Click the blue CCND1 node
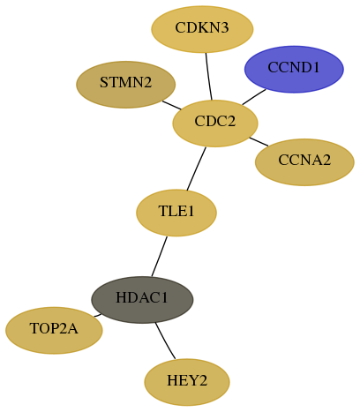point(294,69)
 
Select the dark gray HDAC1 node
point(142,300)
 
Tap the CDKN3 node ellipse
point(202,29)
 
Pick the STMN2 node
point(126,85)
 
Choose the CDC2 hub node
point(215,124)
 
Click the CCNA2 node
point(304,162)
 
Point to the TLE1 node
point(176,213)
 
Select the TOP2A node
point(54,330)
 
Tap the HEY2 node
point(187,382)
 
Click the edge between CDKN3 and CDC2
point(208,77)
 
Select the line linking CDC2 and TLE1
point(197,169)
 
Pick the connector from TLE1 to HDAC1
point(160,257)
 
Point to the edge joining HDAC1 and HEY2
point(164,341)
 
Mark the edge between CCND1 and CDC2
point(254,97)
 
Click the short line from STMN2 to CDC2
point(172,105)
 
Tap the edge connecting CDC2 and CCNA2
point(259,141)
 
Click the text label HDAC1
point(142,297)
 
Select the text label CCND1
point(294,67)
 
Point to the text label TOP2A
point(54,328)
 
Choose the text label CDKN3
point(202,27)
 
